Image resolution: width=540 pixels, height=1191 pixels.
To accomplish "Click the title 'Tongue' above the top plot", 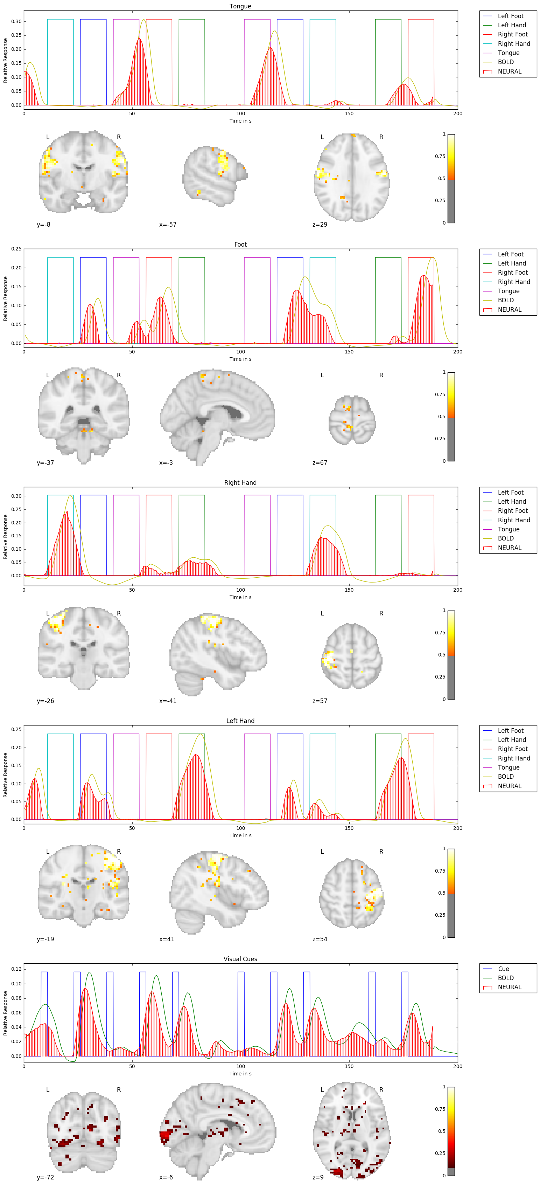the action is click(x=240, y=6).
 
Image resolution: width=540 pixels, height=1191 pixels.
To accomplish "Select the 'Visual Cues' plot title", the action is click(x=240, y=959).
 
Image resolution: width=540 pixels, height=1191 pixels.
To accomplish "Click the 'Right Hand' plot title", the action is click(x=240, y=483).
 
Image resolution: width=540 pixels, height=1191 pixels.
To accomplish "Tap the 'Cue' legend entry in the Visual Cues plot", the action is click(x=504, y=969).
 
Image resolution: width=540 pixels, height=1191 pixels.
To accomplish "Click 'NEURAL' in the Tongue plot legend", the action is click(x=510, y=71).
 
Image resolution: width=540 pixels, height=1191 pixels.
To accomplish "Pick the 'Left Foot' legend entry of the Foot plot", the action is click(x=511, y=254).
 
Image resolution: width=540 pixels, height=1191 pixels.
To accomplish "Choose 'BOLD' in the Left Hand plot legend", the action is click(x=506, y=777).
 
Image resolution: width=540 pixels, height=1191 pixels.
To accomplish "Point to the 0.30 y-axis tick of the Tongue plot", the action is click(x=16, y=21).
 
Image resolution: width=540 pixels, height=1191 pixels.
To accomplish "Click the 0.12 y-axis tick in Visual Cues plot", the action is click(x=16, y=969).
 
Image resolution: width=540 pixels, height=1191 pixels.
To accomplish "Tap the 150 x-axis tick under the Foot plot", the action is click(x=349, y=352).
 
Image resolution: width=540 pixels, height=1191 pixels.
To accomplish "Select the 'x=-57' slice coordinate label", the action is click(x=168, y=225).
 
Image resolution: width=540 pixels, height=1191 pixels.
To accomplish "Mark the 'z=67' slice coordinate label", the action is click(x=320, y=463).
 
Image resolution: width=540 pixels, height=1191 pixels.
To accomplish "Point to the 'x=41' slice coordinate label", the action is click(x=167, y=939).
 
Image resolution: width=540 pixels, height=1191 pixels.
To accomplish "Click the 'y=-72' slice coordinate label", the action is click(x=45, y=1177).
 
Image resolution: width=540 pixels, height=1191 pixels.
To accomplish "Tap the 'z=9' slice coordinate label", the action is click(x=318, y=1177).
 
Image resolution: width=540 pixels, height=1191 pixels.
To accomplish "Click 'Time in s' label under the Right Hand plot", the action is click(x=240, y=597).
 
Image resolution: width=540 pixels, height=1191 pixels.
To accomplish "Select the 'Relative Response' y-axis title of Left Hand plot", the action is click(x=6, y=775).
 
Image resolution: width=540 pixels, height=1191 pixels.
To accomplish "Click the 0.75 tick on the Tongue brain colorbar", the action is click(x=440, y=156).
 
